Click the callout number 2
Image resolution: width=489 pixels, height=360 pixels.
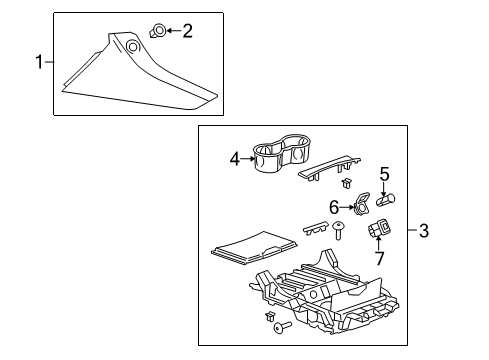187,31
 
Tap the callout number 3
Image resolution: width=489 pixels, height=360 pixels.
453,232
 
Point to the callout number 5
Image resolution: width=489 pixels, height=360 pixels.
383,175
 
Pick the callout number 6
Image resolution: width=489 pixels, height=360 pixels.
334,205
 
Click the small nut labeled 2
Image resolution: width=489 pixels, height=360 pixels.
158,31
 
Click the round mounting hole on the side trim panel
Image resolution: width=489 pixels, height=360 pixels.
132,45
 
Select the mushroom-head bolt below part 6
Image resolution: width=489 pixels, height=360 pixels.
339,232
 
